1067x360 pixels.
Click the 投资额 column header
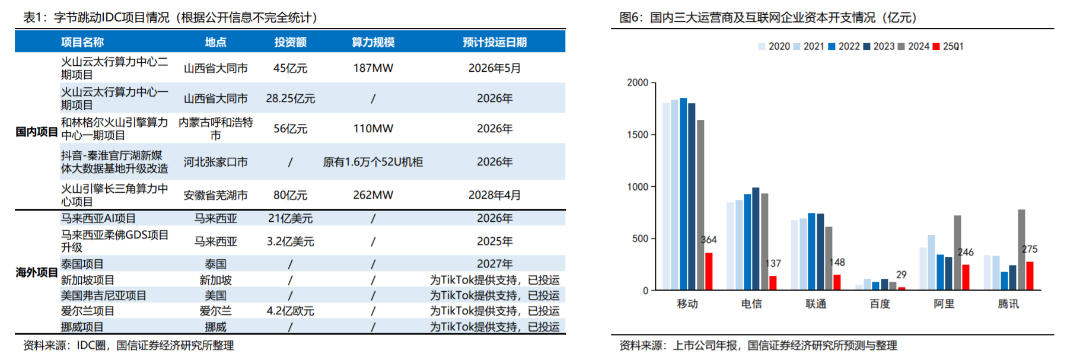point(290,42)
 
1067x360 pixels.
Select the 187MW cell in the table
point(373,68)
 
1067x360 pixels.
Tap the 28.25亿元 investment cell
point(290,98)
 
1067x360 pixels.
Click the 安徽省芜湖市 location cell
point(215,195)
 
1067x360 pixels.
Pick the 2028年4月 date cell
point(494,195)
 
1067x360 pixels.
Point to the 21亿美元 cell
point(290,218)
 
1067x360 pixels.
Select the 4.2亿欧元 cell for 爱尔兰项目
point(290,311)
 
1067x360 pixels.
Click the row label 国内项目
point(36,132)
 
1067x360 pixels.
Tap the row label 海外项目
point(36,272)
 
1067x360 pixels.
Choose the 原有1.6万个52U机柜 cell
point(373,162)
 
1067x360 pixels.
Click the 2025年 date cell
point(494,241)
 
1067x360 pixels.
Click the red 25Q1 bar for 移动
point(709,271)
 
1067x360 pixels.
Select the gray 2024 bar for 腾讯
point(1021,250)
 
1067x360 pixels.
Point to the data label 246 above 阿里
point(966,252)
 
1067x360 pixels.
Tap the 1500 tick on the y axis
point(638,135)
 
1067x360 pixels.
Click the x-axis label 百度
point(880,304)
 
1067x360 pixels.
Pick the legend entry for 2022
point(844,46)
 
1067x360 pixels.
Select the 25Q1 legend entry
point(948,46)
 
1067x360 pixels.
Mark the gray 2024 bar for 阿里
point(957,253)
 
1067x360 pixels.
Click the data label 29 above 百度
point(902,275)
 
